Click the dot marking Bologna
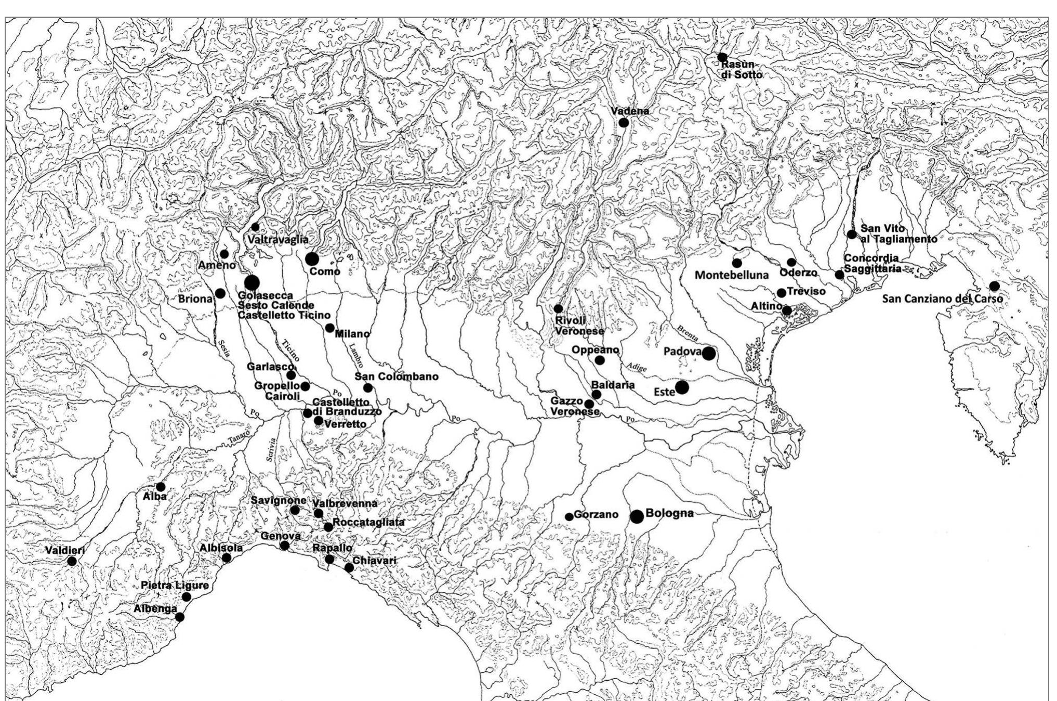[x=637, y=516]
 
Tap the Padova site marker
[x=708, y=354]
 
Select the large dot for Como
[x=312, y=258]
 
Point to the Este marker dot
[x=682, y=387]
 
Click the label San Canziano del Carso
[x=943, y=299]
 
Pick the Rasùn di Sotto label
[x=741, y=69]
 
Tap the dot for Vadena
[x=624, y=123]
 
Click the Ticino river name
[x=291, y=350]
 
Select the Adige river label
[x=637, y=367]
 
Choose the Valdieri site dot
[x=72, y=561]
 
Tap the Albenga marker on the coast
[x=179, y=617]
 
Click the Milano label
[x=352, y=334]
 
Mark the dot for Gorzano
[x=569, y=516]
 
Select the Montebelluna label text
[x=731, y=275]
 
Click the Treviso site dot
[x=781, y=293]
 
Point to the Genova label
[x=280, y=536]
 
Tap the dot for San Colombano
[x=368, y=387]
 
